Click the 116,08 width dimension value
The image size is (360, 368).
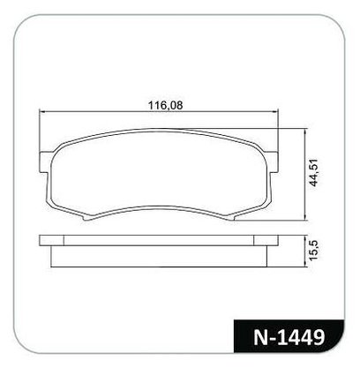(x=165, y=105)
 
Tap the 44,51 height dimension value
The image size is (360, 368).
(x=314, y=173)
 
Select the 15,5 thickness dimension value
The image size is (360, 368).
(x=313, y=250)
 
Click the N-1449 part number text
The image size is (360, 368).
(x=289, y=337)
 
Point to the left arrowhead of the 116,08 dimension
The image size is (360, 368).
(x=41, y=112)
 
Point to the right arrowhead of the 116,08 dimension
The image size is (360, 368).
(x=275, y=112)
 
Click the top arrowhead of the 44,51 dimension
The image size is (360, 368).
(x=305, y=131)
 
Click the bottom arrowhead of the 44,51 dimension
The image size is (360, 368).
(x=305, y=217)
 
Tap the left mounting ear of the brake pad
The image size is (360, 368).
(x=44, y=162)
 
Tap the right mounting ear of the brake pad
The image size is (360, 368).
(x=273, y=161)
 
